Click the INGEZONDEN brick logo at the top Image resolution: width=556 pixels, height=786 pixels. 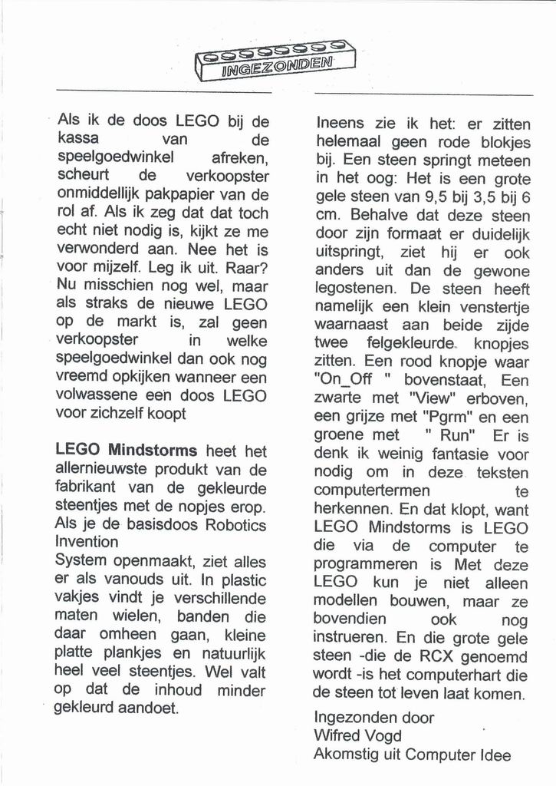coord(275,61)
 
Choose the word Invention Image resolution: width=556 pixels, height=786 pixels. coord(87,542)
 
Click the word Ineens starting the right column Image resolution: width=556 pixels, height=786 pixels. coord(342,124)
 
